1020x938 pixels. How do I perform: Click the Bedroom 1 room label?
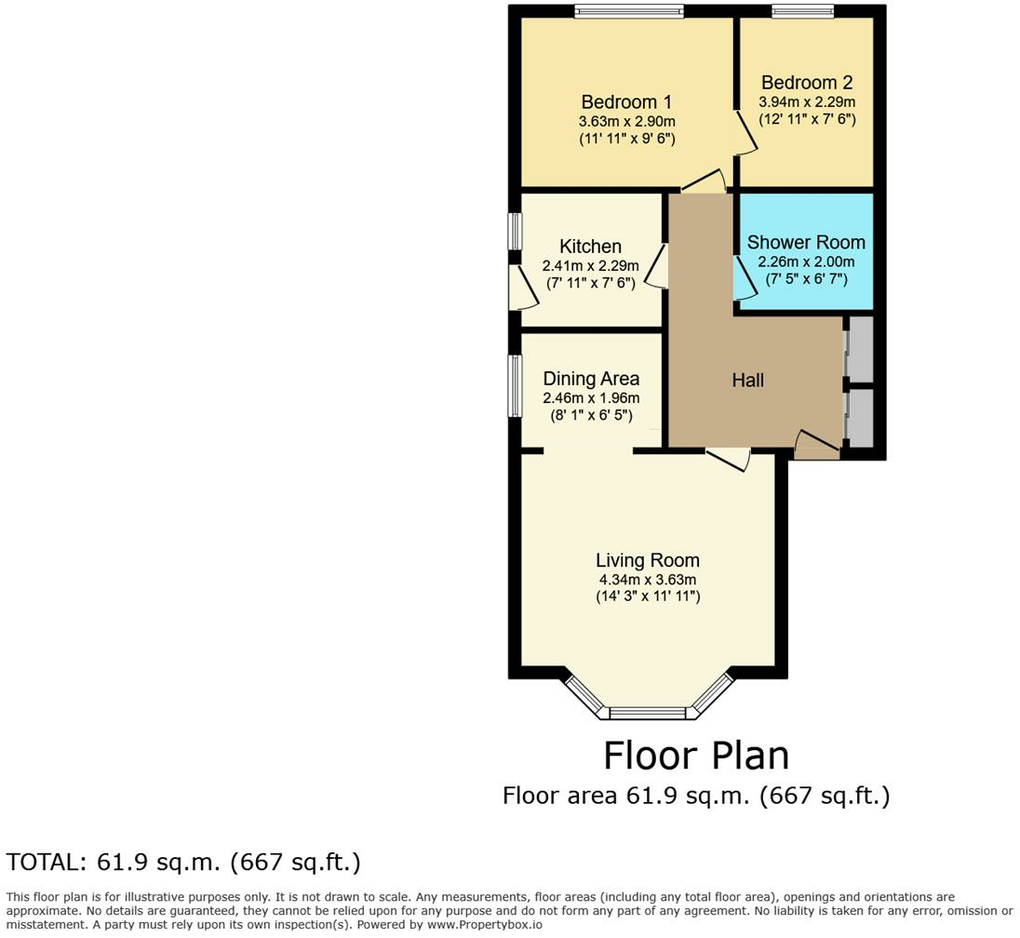pos(626,102)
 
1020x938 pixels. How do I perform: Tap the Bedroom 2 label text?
pos(807,83)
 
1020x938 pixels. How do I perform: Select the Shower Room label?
pos(806,243)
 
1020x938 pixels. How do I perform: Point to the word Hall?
pos(747,381)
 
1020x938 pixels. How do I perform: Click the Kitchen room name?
pos(591,247)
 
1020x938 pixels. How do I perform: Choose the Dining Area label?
pos(591,379)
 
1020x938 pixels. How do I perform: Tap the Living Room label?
pos(648,560)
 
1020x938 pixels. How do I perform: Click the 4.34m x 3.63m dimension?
pos(648,580)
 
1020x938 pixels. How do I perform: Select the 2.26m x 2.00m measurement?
pos(807,262)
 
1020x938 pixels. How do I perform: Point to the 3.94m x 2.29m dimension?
pos(807,102)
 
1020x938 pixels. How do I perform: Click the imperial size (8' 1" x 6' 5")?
pos(591,415)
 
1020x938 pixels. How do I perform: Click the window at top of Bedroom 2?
pos(803,10)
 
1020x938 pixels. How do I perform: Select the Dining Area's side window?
pos(515,386)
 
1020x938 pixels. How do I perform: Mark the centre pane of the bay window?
pos(648,713)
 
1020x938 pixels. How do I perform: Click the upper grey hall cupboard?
pos(861,350)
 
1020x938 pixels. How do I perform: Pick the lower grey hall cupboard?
pos(861,418)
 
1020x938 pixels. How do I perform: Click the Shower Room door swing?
pos(745,278)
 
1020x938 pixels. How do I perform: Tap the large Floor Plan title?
pos(696,756)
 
